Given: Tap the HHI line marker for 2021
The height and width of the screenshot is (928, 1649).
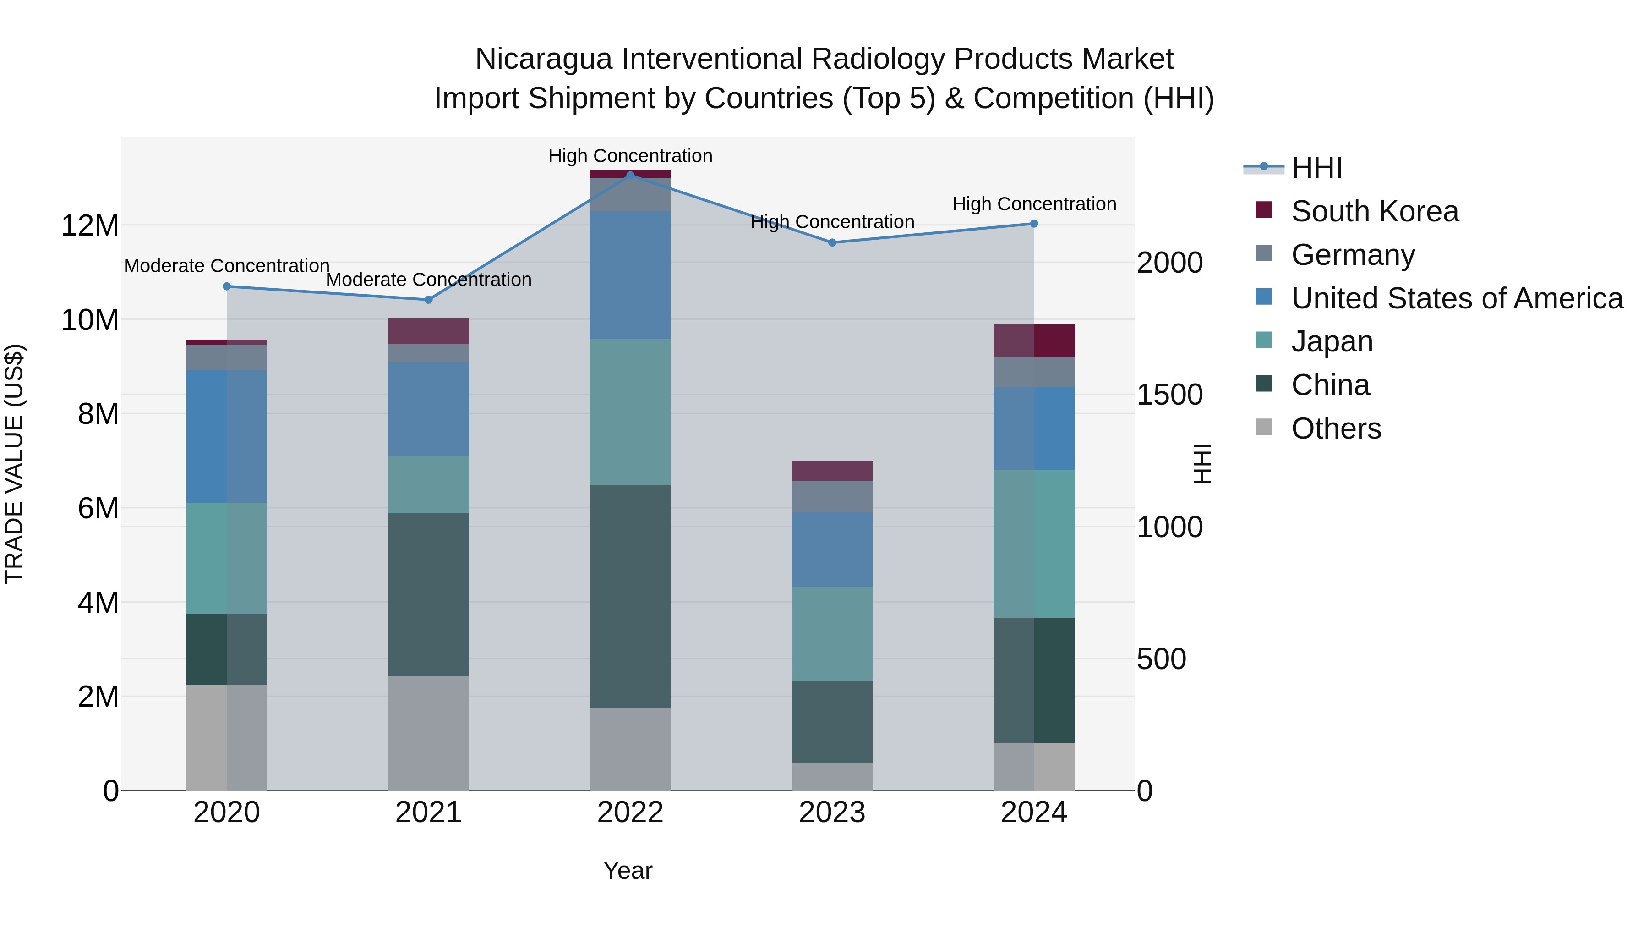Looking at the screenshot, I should coord(428,300).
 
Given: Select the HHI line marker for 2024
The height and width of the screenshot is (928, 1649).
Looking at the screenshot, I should coord(1033,224).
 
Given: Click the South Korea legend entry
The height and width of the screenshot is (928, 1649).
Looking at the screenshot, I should coord(1374,211).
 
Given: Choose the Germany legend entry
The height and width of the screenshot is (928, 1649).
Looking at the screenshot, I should coord(1352,255).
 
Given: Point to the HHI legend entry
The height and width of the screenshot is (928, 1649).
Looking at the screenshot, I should coord(1316,168).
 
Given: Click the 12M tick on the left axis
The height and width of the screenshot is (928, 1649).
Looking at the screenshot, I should coord(90,225).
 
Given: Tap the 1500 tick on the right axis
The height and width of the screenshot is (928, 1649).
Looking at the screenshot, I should coord(1169,395).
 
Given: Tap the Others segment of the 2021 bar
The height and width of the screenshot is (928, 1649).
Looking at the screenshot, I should coord(428,733).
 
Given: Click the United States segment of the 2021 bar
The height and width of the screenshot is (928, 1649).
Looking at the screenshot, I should coord(428,409).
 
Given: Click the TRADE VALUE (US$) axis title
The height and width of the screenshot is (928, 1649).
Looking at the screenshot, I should coord(14,464).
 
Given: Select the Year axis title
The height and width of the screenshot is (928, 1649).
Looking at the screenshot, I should coord(628,870).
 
